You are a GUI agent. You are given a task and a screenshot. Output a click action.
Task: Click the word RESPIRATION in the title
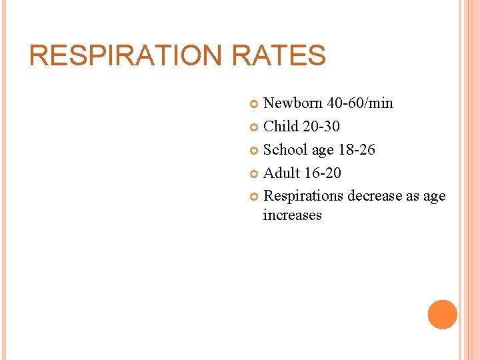(126, 55)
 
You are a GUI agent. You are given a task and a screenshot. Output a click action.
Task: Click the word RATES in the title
(279, 55)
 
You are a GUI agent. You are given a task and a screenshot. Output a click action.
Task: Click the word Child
(280, 127)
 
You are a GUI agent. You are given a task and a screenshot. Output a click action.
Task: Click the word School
(285, 150)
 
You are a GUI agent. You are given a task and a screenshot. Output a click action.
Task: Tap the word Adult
(281, 173)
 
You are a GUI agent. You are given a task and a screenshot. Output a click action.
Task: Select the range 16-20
(322, 173)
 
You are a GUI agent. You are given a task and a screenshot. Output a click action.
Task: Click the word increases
(293, 215)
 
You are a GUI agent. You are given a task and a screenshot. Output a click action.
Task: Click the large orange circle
(443, 314)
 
